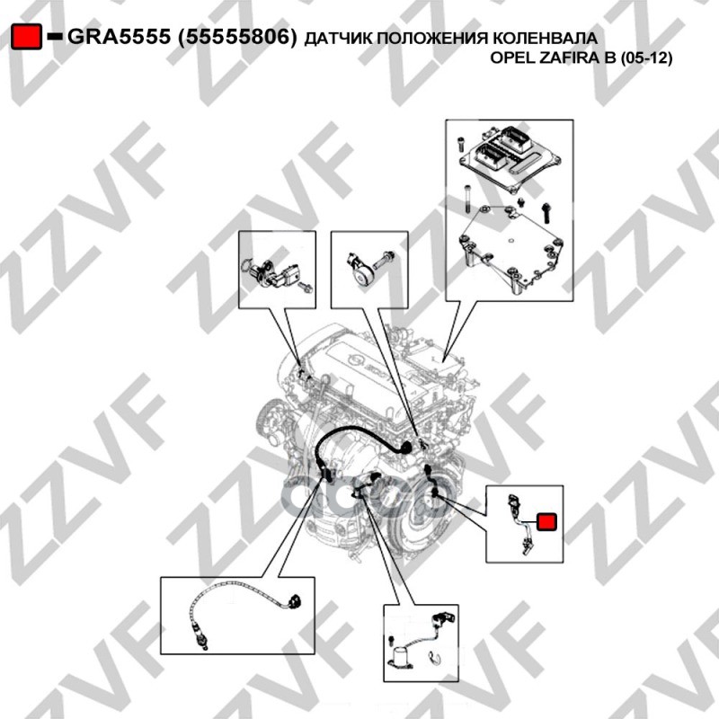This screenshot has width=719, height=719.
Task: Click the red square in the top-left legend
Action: point(27,37)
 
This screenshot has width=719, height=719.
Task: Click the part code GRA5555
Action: point(120,36)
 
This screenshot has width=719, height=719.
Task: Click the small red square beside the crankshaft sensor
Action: point(546,522)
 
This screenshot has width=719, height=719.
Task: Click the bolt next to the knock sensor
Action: point(385,261)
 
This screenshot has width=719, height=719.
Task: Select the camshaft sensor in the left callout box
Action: point(273,274)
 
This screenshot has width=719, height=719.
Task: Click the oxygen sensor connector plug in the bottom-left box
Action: point(293,599)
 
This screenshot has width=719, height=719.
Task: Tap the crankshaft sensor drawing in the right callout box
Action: point(519,525)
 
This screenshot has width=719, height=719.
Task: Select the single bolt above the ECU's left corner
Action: point(461,144)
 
